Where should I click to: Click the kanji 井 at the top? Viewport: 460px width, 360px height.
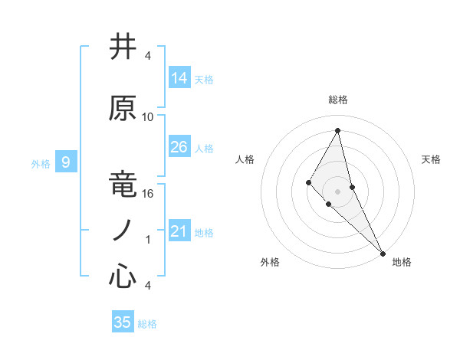(x=123, y=47)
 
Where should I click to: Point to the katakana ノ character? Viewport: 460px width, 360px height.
(x=123, y=231)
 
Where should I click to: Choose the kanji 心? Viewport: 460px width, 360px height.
(x=123, y=277)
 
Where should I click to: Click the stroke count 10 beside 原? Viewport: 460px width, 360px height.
(x=148, y=117)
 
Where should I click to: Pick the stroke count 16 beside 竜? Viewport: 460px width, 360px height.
(x=148, y=194)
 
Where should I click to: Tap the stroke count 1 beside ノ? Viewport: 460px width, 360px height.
(x=148, y=240)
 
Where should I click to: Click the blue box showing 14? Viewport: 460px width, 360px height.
(x=179, y=77)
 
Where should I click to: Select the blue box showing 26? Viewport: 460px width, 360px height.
(x=179, y=147)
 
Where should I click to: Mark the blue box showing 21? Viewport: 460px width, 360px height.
(x=179, y=231)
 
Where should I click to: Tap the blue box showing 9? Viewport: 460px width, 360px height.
(x=66, y=162)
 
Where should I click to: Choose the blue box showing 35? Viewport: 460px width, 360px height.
(x=123, y=322)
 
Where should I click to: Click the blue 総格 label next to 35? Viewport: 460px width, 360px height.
(x=148, y=324)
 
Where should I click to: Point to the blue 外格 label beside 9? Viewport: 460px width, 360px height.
(x=40, y=163)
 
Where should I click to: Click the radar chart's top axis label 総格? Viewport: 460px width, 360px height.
(x=337, y=100)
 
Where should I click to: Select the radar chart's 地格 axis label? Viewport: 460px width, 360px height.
(x=402, y=262)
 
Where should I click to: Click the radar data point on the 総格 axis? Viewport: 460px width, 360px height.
(x=337, y=130)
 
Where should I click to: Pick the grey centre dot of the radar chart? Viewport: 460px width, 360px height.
(x=337, y=191)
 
